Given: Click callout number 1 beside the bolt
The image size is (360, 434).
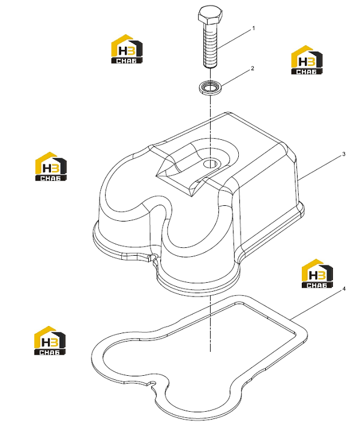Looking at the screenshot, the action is (x=253, y=28).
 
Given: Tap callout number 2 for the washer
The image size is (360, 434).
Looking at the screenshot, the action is (x=253, y=68).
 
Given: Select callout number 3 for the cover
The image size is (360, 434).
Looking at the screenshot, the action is (x=344, y=154).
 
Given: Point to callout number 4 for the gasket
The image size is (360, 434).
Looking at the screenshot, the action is (x=344, y=289).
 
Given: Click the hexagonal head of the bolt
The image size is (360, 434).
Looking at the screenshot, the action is (x=210, y=15).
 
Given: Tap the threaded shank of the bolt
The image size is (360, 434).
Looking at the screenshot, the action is (x=210, y=46).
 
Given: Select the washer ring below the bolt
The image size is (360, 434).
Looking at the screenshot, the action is (x=210, y=87).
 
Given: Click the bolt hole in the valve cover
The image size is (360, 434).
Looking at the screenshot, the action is (x=210, y=164).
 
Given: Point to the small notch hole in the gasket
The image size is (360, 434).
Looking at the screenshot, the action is (x=152, y=384).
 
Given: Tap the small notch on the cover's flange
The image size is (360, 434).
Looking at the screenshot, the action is (x=152, y=258).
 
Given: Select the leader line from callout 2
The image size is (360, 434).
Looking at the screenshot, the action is (x=235, y=77).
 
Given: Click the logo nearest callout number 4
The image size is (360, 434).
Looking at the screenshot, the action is (x=317, y=274).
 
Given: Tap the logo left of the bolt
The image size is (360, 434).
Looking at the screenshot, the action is (x=127, y=49).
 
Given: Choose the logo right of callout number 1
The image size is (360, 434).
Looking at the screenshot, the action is (x=307, y=60).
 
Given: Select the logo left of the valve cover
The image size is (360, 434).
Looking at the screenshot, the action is (x=51, y=166).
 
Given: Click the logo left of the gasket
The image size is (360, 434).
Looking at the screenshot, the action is (x=50, y=340).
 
